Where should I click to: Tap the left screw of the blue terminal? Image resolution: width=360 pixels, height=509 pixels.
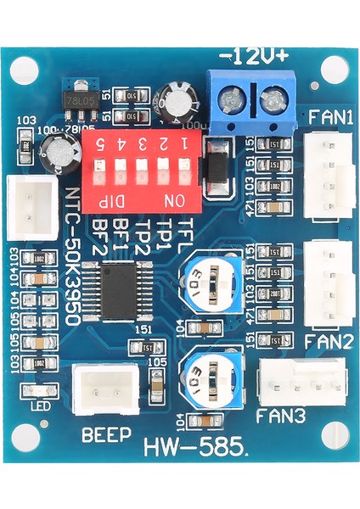click(229, 103)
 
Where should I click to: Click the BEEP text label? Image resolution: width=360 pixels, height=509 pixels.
click(106, 436)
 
